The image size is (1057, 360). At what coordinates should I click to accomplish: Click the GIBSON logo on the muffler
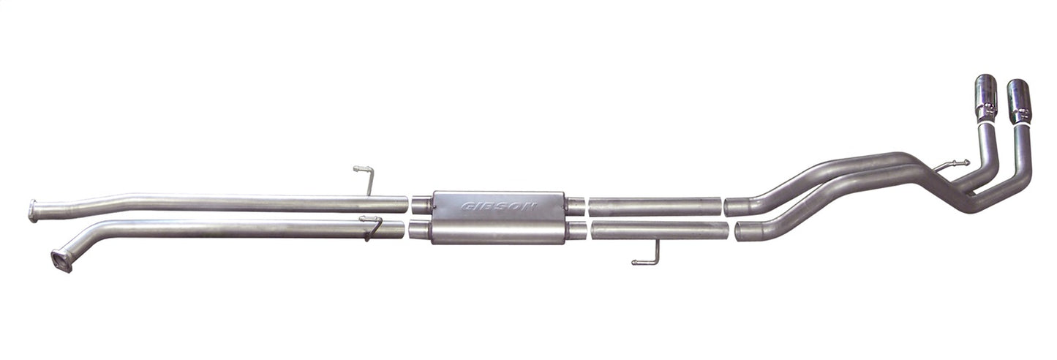499,206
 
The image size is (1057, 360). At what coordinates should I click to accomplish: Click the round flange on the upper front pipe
33,211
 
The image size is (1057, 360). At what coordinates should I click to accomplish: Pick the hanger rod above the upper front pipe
366,177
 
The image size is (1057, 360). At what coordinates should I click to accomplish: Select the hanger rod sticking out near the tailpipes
953,165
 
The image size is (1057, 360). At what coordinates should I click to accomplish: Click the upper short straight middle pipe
655,206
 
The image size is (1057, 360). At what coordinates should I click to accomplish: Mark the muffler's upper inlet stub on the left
421,205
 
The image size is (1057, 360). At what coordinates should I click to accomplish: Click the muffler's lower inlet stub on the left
419,231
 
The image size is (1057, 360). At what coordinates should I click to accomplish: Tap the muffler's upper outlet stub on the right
575,206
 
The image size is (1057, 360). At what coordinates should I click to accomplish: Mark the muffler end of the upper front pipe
402,204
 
